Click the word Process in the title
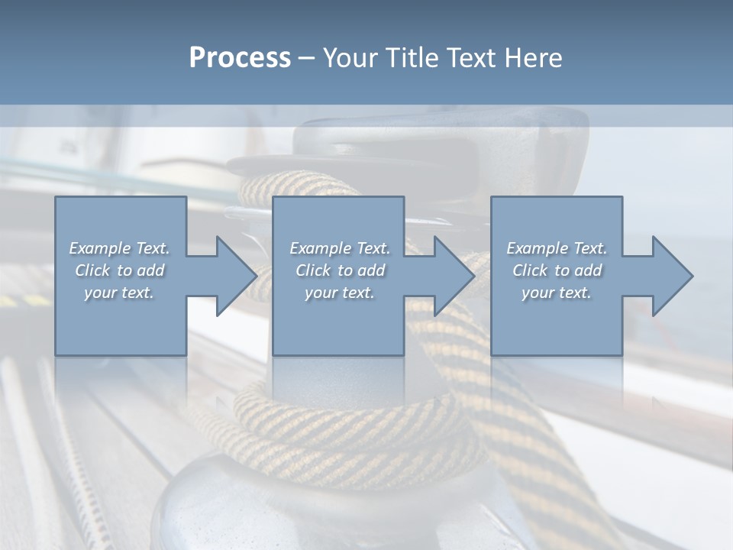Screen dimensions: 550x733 click(240, 58)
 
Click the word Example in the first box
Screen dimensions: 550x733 click(99, 248)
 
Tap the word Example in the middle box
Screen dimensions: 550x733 click(320, 248)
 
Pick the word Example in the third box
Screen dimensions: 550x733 click(537, 248)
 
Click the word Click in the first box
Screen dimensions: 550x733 click(92, 270)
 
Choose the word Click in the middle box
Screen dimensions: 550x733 click(312, 270)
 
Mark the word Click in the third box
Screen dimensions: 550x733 click(529, 270)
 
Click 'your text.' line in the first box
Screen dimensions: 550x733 click(119, 293)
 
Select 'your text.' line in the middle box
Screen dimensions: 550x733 click(340, 293)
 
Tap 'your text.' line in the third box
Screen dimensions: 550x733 click(557, 293)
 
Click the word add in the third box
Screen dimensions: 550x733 click(588, 270)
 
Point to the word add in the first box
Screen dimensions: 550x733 click(150, 270)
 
